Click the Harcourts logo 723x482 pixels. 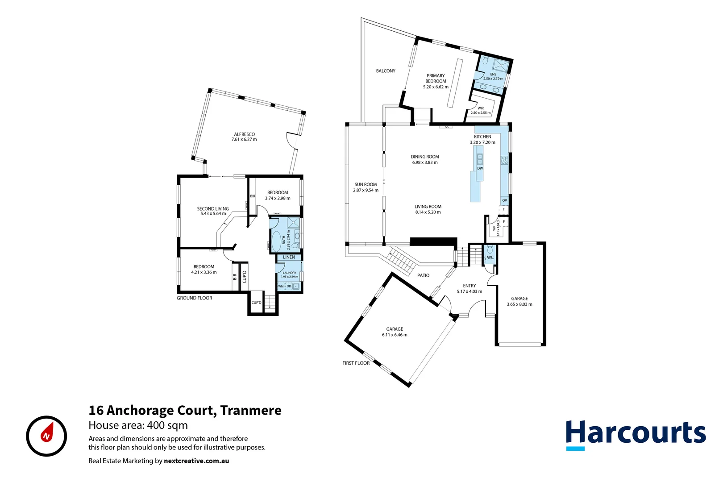[636, 434]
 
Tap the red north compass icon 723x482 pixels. [46, 436]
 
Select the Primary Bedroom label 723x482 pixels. [436, 79]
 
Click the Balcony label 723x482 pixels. [386, 71]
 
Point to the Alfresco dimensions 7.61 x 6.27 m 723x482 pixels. [244, 140]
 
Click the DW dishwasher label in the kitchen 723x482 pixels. [480, 169]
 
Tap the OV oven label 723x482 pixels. [505, 200]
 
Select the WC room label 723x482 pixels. [490, 258]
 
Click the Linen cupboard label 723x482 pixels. [289, 257]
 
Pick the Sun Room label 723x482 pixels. [366, 184]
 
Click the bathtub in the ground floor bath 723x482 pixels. [276, 241]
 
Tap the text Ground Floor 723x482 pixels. [195, 298]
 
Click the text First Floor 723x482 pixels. [356, 363]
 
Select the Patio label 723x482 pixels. [424, 275]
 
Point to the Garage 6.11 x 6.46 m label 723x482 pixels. [395, 332]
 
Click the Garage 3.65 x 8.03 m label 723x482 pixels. [519, 302]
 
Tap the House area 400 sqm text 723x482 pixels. [138, 425]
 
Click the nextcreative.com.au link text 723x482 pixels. [196, 461]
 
